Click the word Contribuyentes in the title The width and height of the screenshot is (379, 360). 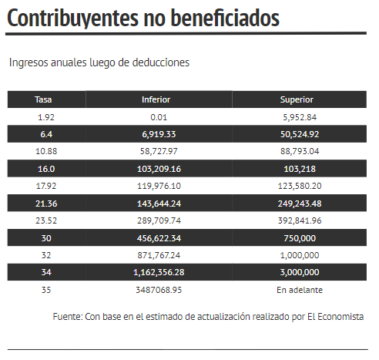point(73,19)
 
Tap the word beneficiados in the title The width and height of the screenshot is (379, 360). point(225,18)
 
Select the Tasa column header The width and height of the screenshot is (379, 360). point(43,99)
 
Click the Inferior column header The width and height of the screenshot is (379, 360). point(156,99)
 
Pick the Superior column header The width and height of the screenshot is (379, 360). point(297,99)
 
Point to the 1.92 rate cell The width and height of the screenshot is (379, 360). point(46,117)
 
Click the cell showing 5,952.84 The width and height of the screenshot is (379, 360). point(300,117)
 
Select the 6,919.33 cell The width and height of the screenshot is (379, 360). point(159,134)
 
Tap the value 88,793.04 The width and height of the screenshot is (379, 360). point(300,151)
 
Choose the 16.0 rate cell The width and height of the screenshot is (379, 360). point(46,169)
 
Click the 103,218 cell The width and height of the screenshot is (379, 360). point(300,169)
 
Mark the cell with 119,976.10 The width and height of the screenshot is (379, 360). point(159,186)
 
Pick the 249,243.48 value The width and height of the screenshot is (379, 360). point(300,204)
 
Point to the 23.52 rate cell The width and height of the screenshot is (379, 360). point(46,220)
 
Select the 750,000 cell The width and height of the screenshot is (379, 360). point(300,238)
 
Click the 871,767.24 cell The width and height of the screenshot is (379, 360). point(159,255)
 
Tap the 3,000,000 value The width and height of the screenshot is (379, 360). point(300,272)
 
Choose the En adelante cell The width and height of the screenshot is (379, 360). point(300,290)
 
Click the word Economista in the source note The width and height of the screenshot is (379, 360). point(340,317)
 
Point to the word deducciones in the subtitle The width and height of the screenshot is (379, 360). point(161,62)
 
